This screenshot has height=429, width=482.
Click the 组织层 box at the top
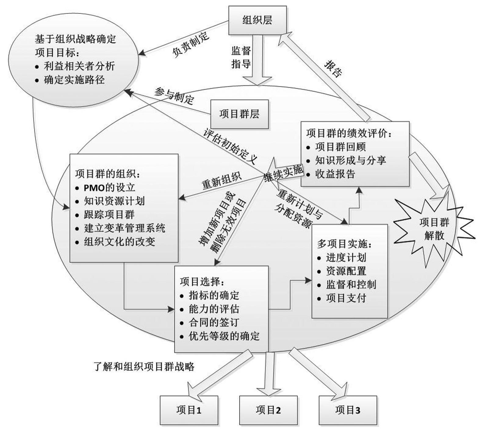click(257, 20)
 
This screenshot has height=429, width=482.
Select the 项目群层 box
click(239, 114)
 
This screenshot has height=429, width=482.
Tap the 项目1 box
click(189, 410)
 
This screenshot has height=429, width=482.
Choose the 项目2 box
click(268, 410)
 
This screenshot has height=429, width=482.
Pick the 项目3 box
click(347, 410)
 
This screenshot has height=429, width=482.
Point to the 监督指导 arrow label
click(241, 57)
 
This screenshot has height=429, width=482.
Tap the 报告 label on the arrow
click(333, 68)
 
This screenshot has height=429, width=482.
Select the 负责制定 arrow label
click(191, 44)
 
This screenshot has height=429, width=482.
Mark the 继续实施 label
click(284, 174)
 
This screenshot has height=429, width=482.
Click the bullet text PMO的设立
click(109, 187)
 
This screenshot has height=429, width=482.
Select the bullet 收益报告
click(335, 174)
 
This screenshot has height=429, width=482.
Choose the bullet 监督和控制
click(351, 285)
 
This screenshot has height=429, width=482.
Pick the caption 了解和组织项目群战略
click(144, 366)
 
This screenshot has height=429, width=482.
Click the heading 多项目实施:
click(345, 244)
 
